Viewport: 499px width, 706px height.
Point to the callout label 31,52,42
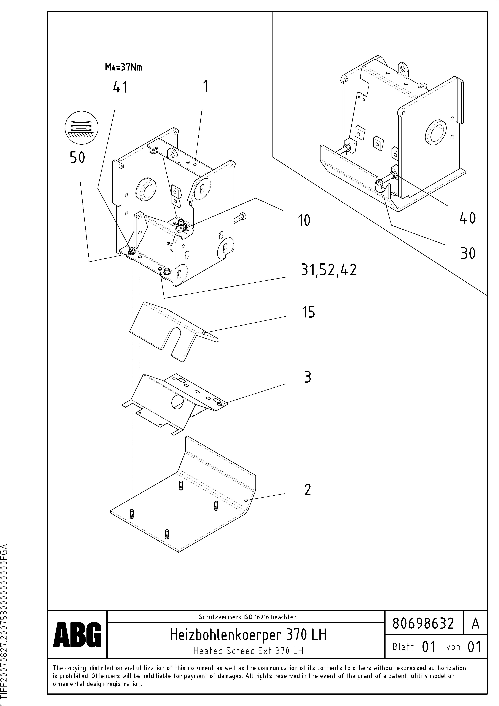329,270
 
